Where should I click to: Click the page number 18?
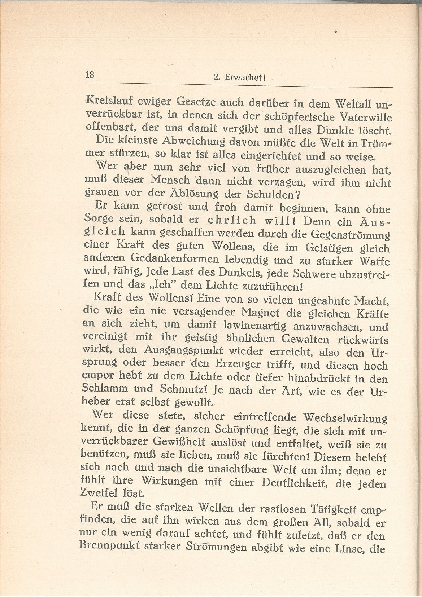tap(90, 75)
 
